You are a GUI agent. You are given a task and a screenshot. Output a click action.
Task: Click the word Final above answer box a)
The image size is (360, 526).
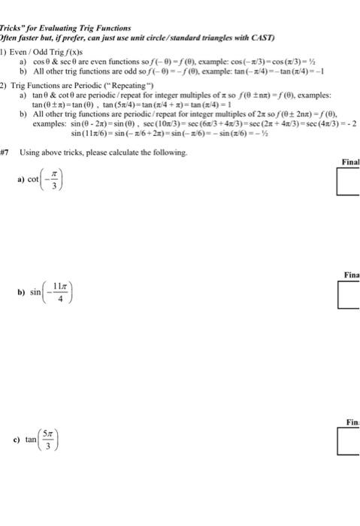350,161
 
